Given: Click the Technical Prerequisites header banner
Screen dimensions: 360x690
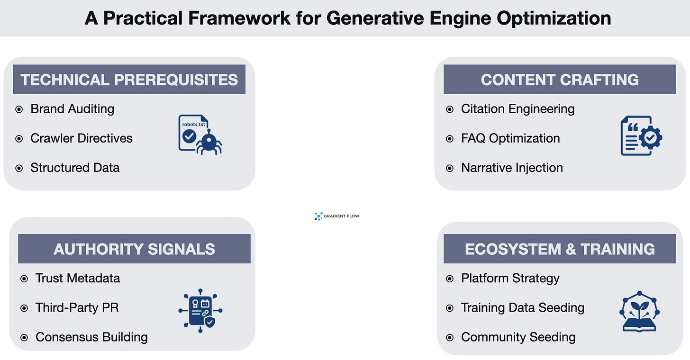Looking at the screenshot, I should [x=129, y=80].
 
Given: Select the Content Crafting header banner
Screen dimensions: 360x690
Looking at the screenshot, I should [x=560, y=80].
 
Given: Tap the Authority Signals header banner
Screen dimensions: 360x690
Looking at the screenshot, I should [x=134, y=249].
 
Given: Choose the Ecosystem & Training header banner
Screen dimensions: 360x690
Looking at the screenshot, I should [x=560, y=249].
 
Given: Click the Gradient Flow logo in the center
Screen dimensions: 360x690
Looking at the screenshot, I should [x=337, y=216].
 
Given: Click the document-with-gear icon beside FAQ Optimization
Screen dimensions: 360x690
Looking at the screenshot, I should [x=641, y=137].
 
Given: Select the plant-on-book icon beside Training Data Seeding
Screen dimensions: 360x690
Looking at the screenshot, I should [x=640, y=311].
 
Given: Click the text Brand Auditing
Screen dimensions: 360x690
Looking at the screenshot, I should [x=72, y=109].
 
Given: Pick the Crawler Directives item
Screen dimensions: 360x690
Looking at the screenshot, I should [x=81, y=138].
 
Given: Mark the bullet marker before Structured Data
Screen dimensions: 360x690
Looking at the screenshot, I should [x=19, y=168].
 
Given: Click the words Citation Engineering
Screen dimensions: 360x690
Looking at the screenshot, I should [x=517, y=109].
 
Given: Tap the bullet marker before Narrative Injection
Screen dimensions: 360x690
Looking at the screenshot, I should [x=450, y=168].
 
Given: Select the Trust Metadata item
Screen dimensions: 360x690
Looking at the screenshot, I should [x=77, y=278].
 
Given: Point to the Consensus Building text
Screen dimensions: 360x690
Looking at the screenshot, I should [x=91, y=337].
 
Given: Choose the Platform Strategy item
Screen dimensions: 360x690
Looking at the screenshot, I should [x=510, y=278].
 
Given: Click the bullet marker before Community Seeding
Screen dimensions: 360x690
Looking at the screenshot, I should [x=450, y=338].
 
